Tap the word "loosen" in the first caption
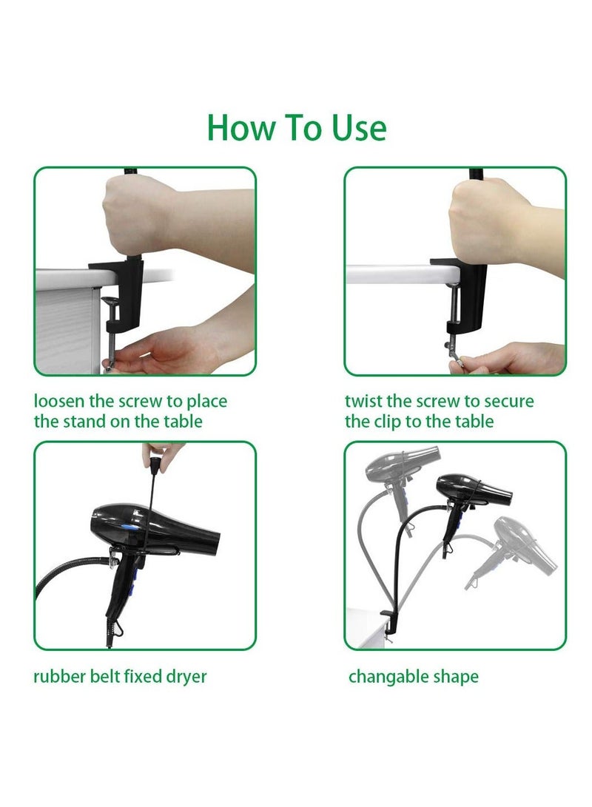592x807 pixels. tap(60, 402)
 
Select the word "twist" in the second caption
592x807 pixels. tap(363, 402)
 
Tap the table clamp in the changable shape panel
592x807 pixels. tap(388, 620)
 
